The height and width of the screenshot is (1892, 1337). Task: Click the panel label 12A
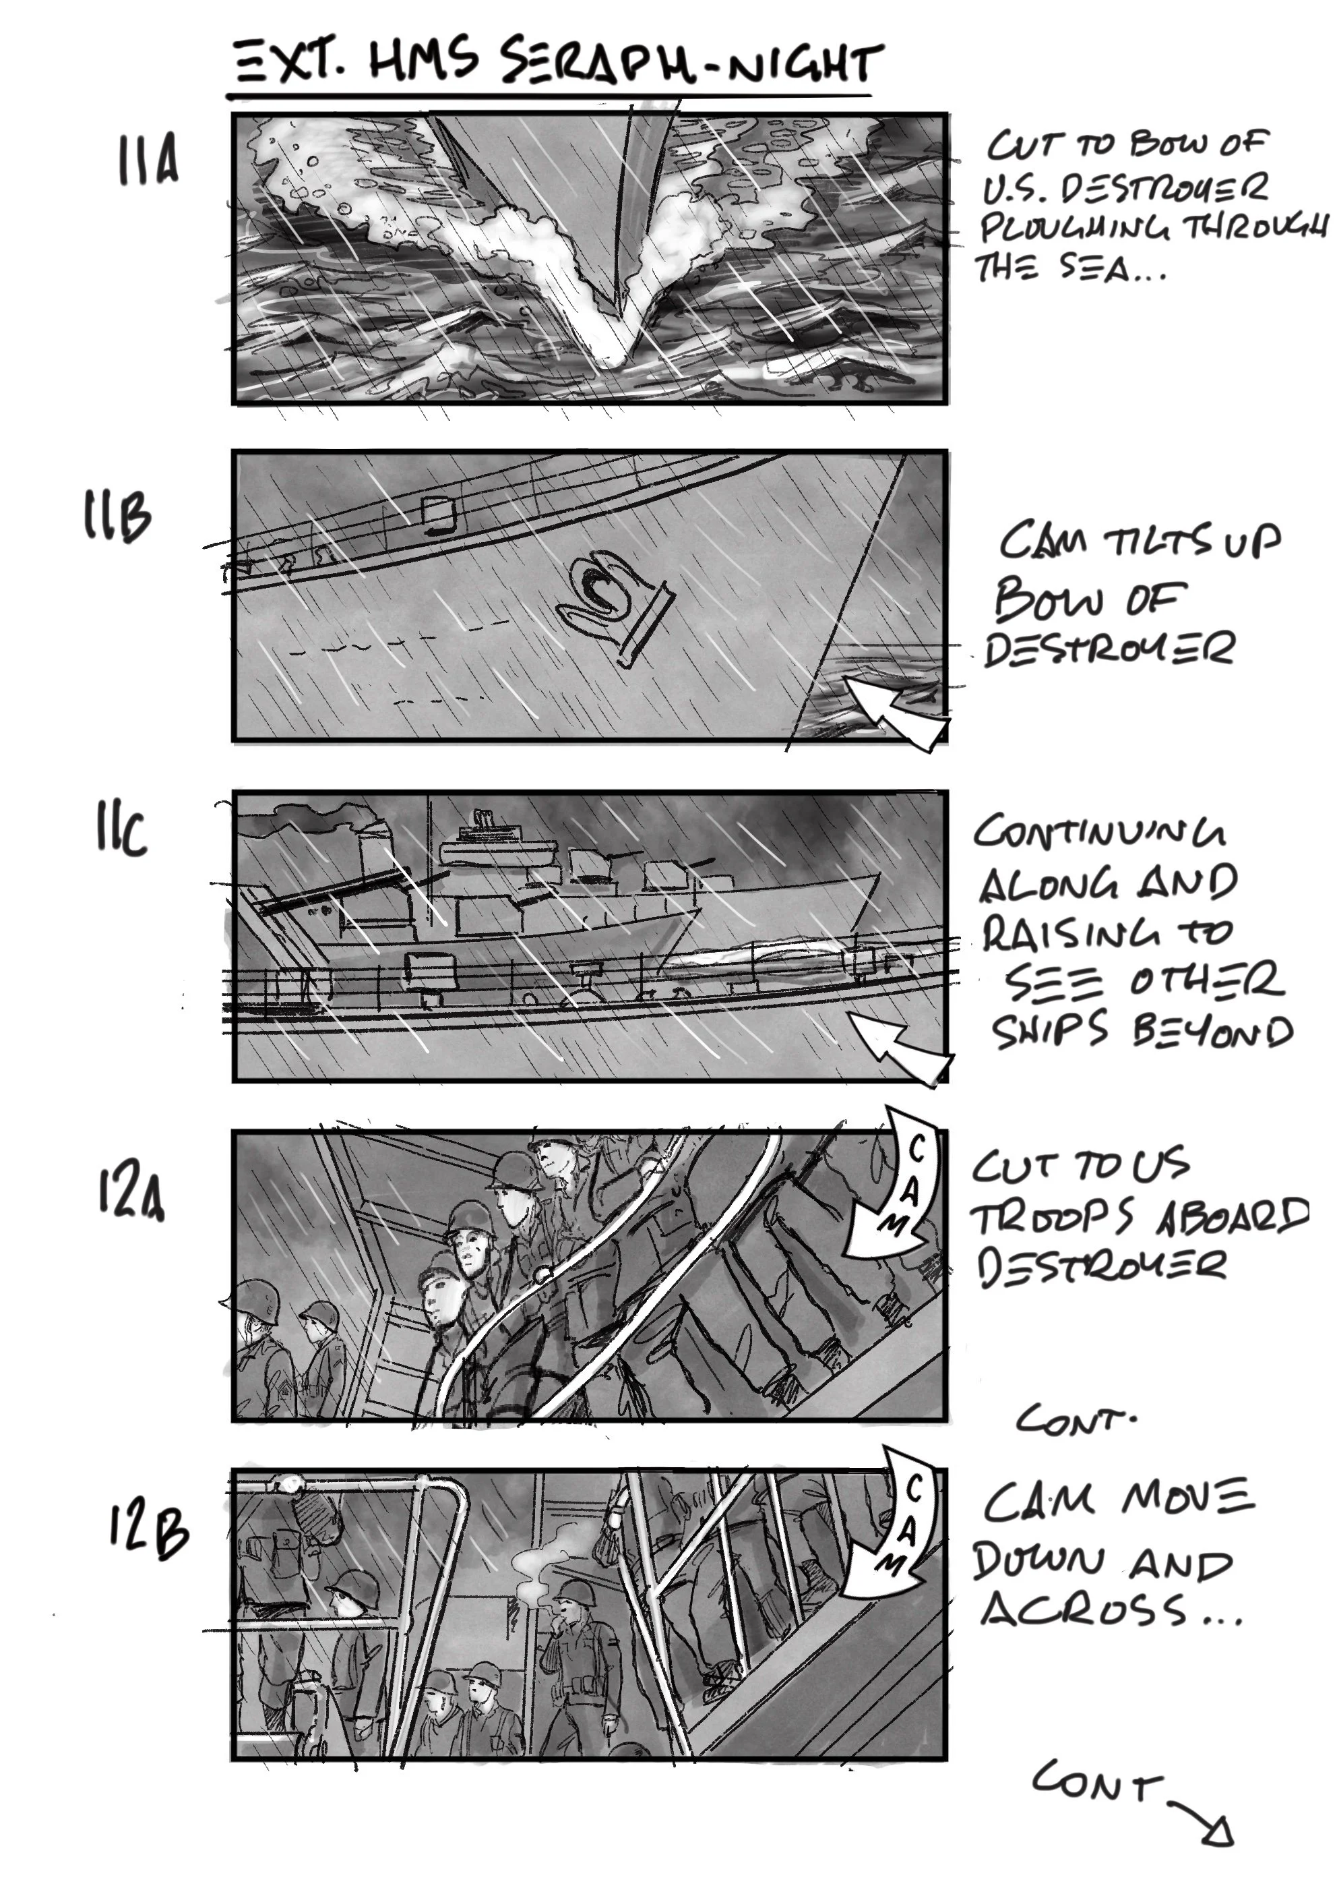130,1194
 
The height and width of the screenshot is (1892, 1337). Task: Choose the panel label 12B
148,1529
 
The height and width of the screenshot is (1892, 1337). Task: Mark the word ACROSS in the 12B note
1083,1609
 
